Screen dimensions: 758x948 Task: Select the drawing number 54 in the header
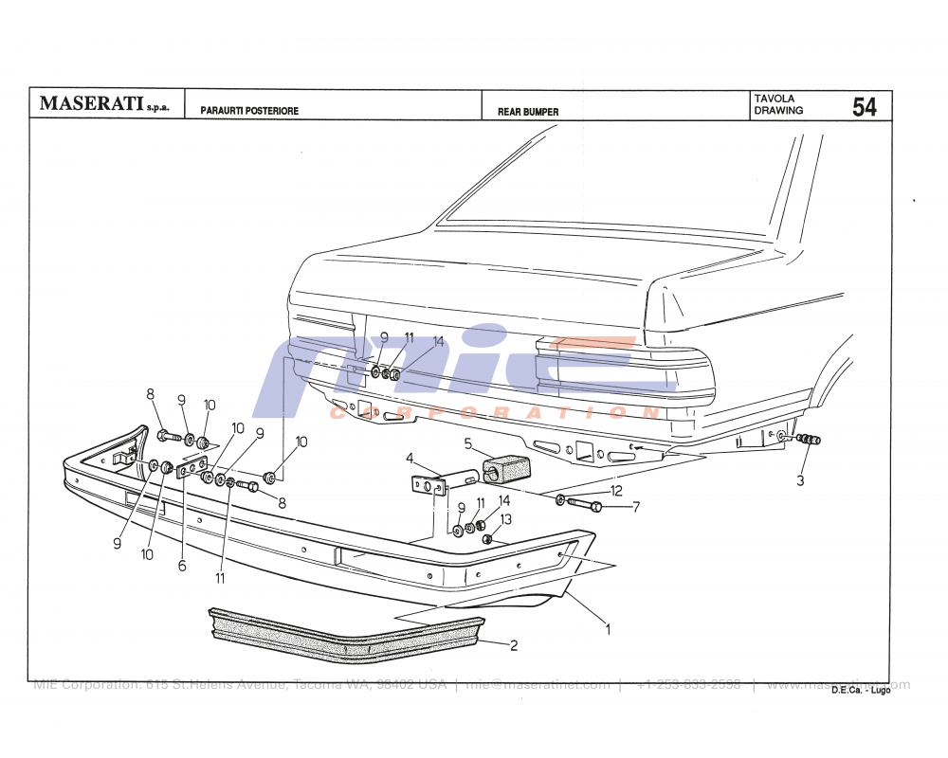[x=864, y=107]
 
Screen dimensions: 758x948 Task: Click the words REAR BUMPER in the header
[x=528, y=112]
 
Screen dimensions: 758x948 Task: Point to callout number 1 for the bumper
[x=607, y=627]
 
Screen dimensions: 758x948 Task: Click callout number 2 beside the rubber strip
[x=514, y=646]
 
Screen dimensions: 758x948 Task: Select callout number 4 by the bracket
[x=410, y=459]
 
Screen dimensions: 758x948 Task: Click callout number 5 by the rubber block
[x=467, y=442]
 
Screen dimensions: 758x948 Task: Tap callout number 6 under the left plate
[x=182, y=566]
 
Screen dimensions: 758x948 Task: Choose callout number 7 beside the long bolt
[x=636, y=507]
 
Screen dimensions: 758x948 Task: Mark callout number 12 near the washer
[x=616, y=491]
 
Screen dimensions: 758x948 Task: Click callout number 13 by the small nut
[x=505, y=519]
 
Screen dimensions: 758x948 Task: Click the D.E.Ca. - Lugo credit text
[x=861, y=691]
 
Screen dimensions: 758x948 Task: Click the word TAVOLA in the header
[x=774, y=99]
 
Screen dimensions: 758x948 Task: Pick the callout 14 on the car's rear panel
[x=438, y=342]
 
